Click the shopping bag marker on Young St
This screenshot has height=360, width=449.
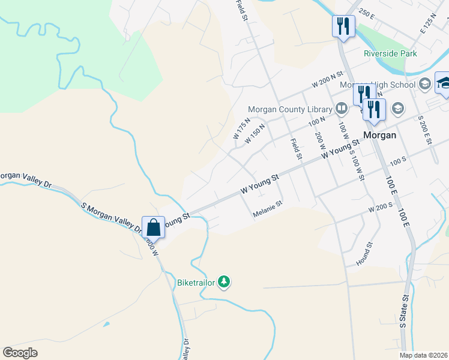coord(154,227)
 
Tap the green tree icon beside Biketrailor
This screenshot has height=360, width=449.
coord(224,281)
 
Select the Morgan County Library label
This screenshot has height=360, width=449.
coord(291,110)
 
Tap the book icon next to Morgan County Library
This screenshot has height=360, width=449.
coord(342,109)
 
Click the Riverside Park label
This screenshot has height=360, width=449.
coord(390,53)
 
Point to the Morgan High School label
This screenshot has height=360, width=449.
coord(378,85)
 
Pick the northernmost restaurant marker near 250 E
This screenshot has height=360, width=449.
coord(343,26)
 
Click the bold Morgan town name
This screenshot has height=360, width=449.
coord(379,135)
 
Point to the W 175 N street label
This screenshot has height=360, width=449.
coord(242,128)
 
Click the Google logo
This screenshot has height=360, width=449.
coord(20,352)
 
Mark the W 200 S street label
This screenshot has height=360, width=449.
coord(381,206)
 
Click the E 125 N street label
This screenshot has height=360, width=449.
coord(429,24)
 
